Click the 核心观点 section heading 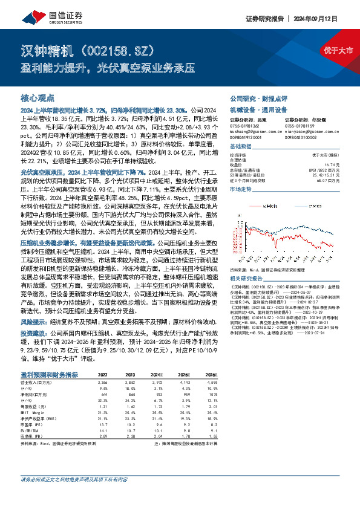point(38,97)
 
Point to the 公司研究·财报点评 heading point(258,98)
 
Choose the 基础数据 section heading point(242,147)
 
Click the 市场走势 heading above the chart point(242,190)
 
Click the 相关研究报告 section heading point(247,278)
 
